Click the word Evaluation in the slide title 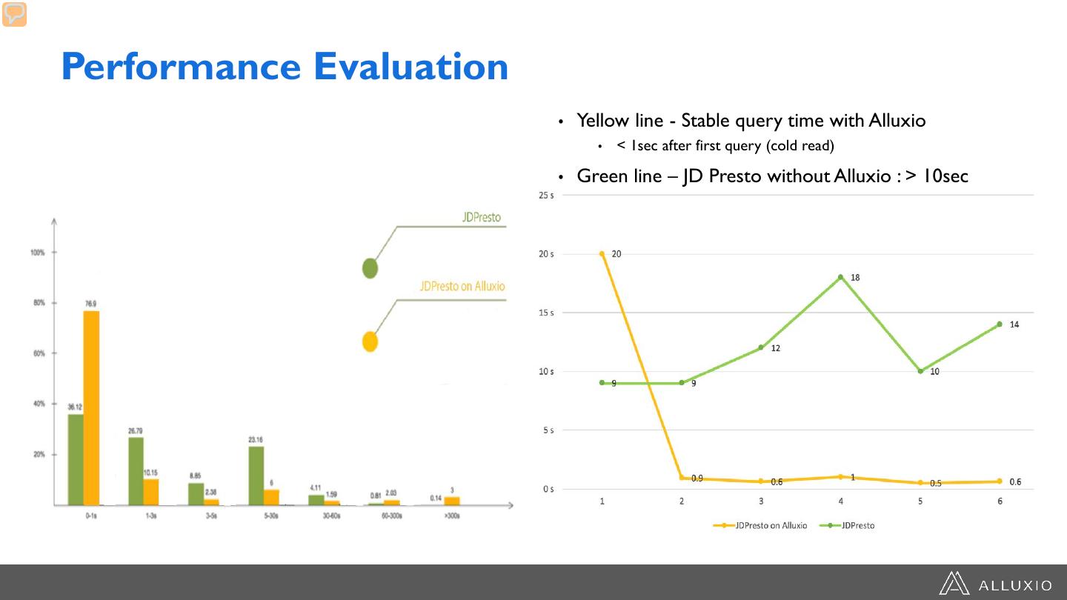click(x=410, y=67)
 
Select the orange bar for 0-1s click(x=91, y=407)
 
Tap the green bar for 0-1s click(x=76, y=459)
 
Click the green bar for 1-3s click(x=136, y=471)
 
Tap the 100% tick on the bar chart click(x=37, y=253)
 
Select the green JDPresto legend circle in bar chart click(x=370, y=269)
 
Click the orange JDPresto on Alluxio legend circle click(x=370, y=341)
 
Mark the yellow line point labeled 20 click(x=602, y=254)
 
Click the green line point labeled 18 click(x=840, y=277)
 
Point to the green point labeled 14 click(x=999, y=324)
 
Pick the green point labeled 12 click(x=760, y=347)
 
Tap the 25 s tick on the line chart click(x=547, y=196)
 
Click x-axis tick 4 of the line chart click(x=840, y=501)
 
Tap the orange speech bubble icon click(x=14, y=14)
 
